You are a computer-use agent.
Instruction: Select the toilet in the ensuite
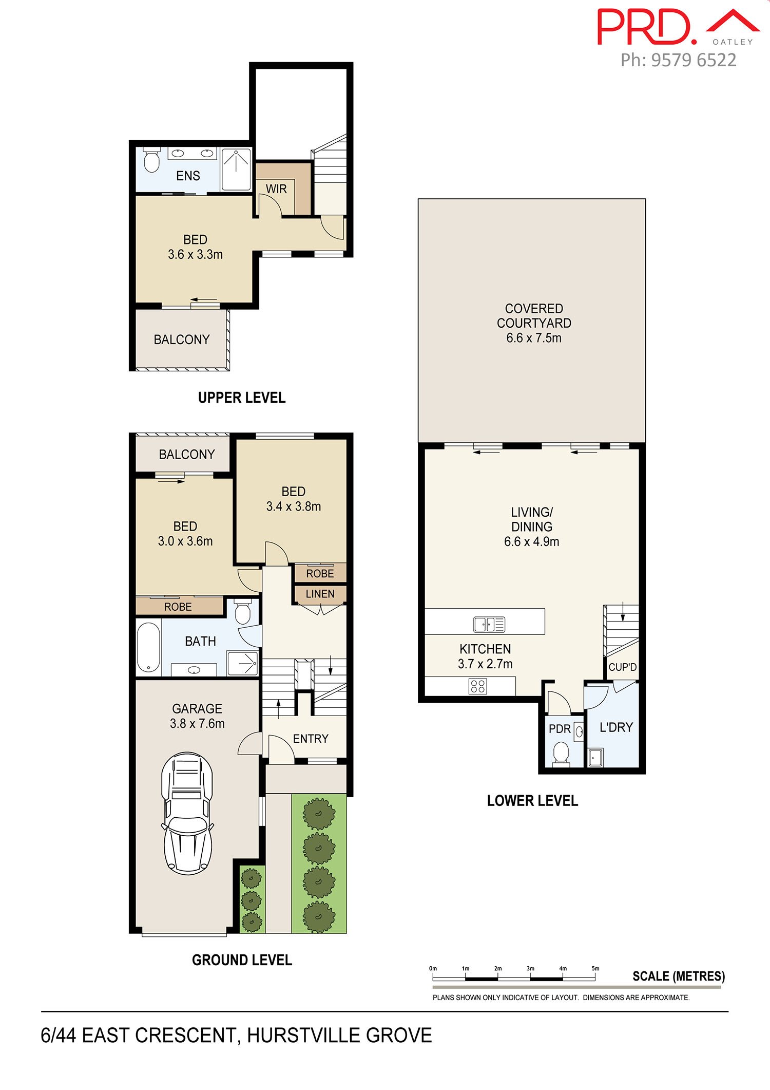151,160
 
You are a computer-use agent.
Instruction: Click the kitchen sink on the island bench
489,624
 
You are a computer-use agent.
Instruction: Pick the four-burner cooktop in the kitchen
478,686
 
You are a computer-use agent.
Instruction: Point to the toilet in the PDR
561,753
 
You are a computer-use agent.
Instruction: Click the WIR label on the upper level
276,189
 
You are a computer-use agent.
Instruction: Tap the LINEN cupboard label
320,594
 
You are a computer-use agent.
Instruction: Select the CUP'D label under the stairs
623,667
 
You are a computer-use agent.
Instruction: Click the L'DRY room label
616,727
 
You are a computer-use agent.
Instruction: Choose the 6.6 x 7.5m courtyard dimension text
534,338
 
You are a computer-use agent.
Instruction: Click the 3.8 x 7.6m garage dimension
197,723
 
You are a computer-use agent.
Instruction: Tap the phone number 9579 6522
694,60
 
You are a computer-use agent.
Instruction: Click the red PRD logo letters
647,27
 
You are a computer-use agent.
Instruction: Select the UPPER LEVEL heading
242,398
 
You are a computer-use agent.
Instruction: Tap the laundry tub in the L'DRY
595,757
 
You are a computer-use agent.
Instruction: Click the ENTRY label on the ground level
311,739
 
